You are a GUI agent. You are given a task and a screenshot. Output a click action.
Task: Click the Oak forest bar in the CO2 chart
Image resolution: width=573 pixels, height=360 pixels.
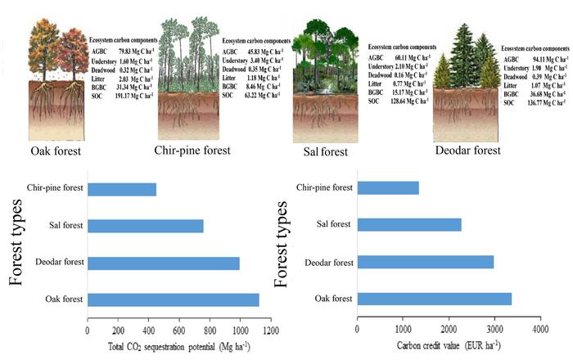[173, 299]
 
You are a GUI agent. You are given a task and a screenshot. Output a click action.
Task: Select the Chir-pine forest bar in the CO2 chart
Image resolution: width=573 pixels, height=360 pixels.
[121, 190]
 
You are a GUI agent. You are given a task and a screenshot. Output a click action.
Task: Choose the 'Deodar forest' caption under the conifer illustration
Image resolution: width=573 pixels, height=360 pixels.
[480, 151]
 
